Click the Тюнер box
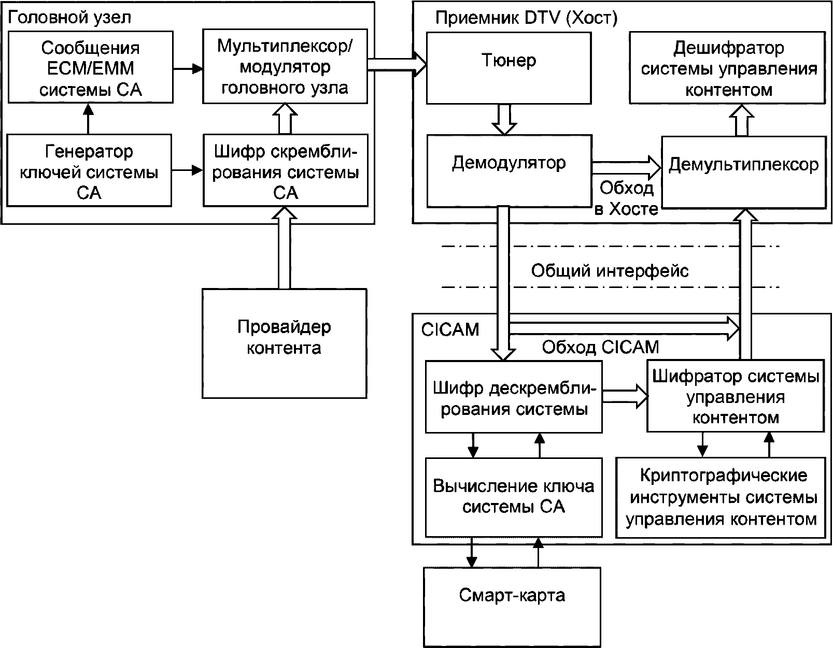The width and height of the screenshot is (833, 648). [x=509, y=68]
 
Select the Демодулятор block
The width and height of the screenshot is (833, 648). [x=510, y=171]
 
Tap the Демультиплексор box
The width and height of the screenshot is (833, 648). [x=744, y=172]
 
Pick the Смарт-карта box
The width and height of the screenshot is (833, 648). [x=512, y=608]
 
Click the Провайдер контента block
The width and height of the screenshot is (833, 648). [x=285, y=343]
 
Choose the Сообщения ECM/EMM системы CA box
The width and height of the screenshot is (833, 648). [x=91, y=67]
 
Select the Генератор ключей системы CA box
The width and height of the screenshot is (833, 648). [x=89, y=170]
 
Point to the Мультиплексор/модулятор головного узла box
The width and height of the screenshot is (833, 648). [x=285, y=66]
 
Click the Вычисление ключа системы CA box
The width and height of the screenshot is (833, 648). [x=514, y=497]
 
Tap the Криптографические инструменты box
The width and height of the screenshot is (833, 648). [x=721, y=498]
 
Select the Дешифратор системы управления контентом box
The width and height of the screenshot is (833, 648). [x=727, y=68]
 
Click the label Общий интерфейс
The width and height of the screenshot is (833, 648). [x=610, y=270]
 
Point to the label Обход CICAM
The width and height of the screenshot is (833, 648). [x=600, y=347]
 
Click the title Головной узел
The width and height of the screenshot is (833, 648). [x=69, y=17]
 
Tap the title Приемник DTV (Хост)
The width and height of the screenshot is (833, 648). [x=526, y=18]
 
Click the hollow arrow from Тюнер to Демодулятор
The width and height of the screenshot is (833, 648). [x=504, y=119]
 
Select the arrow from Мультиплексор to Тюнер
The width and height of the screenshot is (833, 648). [x=397, y=65]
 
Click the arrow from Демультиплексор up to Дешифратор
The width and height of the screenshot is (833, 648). [x=742, y=120]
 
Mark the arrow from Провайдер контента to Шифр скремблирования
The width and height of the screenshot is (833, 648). [x=284, y=248]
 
